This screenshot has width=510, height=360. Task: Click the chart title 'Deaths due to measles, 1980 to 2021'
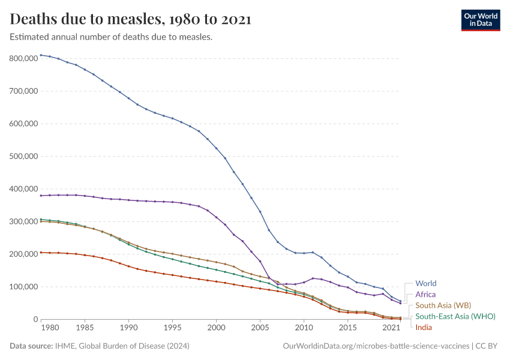click(130, 19)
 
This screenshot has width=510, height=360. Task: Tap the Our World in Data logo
click(480, 19)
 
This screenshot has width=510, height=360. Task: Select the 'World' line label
click(425, 283)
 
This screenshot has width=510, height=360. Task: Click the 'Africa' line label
click(425, 295)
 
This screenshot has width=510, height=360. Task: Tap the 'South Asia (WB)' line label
click(443, 305)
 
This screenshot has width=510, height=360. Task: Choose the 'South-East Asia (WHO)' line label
click(455, 316)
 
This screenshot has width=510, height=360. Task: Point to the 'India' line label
click(424, 327)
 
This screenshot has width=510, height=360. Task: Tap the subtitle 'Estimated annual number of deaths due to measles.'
click(112, 37)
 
